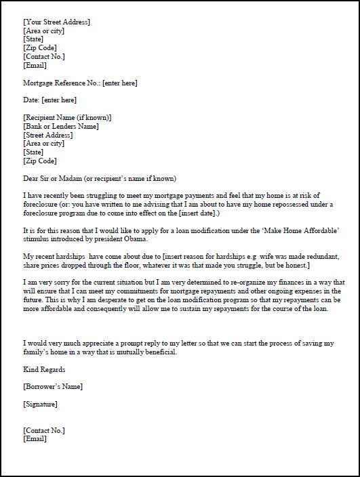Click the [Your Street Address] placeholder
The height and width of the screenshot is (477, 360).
coord(56,22)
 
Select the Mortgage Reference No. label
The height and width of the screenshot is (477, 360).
coord(61,83)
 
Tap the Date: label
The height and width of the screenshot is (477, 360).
coord(31,100)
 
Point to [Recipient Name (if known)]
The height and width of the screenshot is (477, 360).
coord(67,117)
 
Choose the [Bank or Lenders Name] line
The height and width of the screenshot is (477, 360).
coord(61,126)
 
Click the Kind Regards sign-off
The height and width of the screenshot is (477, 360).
coord(44,370)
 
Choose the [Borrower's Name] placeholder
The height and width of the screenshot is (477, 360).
coord(52,387)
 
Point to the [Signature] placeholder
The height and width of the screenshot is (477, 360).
coord(40,405)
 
